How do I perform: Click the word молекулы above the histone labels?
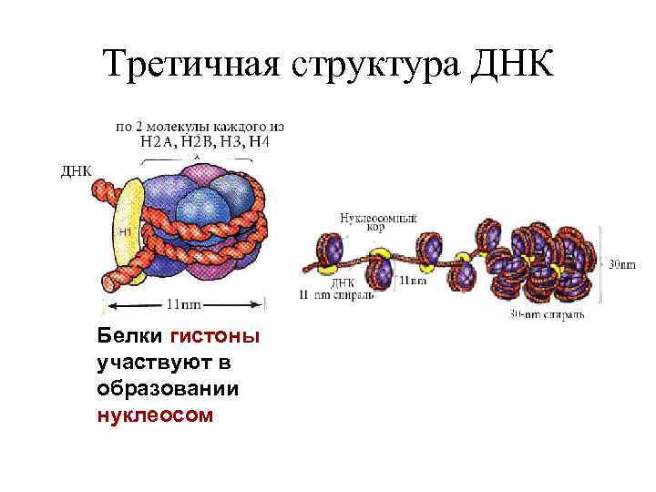[x=187, y=125]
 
